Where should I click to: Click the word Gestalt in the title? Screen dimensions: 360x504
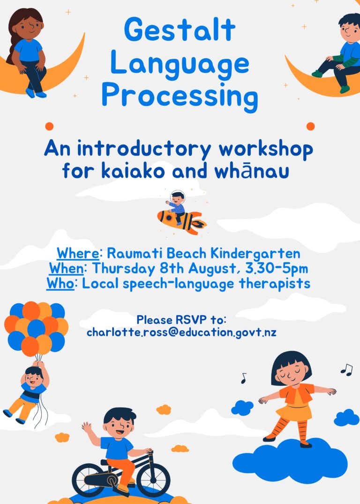pos(180,30)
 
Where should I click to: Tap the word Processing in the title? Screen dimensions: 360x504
pos(180,96)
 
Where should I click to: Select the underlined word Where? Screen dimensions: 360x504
pos(78,253)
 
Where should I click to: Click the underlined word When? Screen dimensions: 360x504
pos(66,268)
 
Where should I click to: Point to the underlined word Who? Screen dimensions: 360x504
pos(60,283)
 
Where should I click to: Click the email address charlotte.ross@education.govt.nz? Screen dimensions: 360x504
pos(181,332)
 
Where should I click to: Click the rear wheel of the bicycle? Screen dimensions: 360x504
pos(89,480)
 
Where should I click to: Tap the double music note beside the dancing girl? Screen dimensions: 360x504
pos(347,369)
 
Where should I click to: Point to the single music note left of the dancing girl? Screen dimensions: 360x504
pos(244,378)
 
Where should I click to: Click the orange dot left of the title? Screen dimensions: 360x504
pos(49,126)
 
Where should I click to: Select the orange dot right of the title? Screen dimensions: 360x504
pos(310,126)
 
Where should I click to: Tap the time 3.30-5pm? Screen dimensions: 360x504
pos(277,269)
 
